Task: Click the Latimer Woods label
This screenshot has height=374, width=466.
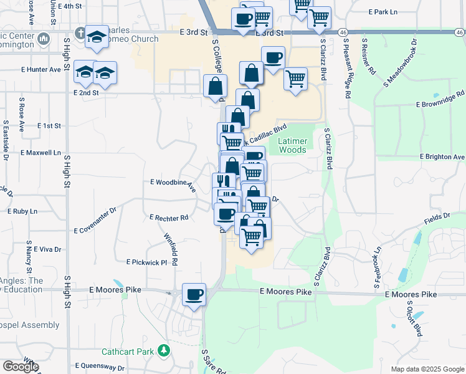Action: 292,146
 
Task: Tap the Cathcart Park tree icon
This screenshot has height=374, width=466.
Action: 164,351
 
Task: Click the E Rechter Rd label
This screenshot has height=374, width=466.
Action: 169,218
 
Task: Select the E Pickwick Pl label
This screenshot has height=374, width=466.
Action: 146,262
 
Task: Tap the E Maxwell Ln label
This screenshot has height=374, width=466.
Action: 41,152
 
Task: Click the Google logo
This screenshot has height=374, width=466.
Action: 21,367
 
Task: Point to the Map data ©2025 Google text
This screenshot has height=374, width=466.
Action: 427,369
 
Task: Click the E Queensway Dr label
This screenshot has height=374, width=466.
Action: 100,367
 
